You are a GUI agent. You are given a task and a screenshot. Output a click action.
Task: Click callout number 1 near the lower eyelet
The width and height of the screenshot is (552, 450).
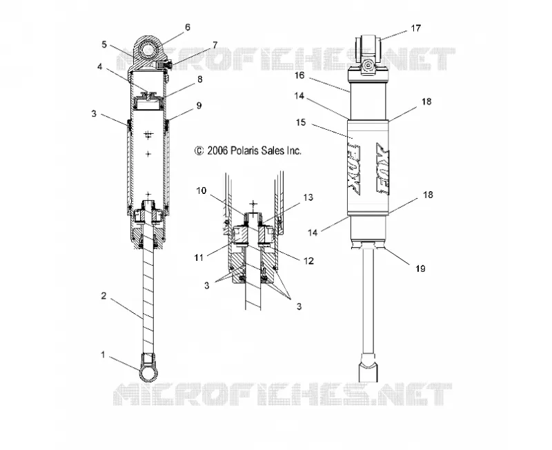point(103,355)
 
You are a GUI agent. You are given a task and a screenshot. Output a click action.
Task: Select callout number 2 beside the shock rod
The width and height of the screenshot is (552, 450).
point(103,296)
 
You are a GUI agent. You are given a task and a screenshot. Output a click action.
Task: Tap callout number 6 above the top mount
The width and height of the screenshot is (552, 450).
point(187,28)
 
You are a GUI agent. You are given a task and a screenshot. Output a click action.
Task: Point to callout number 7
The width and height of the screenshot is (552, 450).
point(215,45)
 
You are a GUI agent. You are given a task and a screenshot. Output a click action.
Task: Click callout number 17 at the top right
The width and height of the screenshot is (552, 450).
point(416,28)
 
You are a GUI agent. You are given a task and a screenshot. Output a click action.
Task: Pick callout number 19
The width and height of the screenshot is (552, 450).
point(420,268)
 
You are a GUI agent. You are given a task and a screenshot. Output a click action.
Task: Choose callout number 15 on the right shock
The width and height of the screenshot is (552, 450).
point(301,123)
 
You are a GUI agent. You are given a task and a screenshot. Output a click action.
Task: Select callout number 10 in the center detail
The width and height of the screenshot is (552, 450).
point(201,190)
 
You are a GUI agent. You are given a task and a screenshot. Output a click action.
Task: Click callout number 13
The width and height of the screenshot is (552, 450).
point(308,197)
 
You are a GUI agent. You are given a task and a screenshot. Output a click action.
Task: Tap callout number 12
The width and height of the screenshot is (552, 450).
point(308,261)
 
